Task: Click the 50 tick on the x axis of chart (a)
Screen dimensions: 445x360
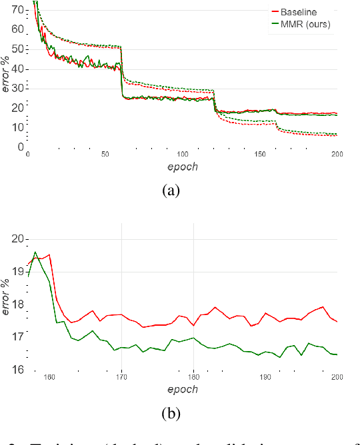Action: [105, 154]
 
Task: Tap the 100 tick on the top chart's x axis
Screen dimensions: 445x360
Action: [183, 154]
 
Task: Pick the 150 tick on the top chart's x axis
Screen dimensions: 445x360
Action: [260, 154]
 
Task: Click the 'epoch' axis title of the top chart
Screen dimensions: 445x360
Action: [182, 167]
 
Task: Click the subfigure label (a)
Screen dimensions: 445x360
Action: [171, 191]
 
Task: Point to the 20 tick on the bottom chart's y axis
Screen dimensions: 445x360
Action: [18, 239]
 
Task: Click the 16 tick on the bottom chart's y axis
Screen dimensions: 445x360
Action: [18, 370]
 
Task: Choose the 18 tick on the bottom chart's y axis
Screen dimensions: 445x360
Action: [18, 304]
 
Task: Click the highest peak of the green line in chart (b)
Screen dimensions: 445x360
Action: [35, 252]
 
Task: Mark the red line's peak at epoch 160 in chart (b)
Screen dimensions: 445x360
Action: [49, 254]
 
